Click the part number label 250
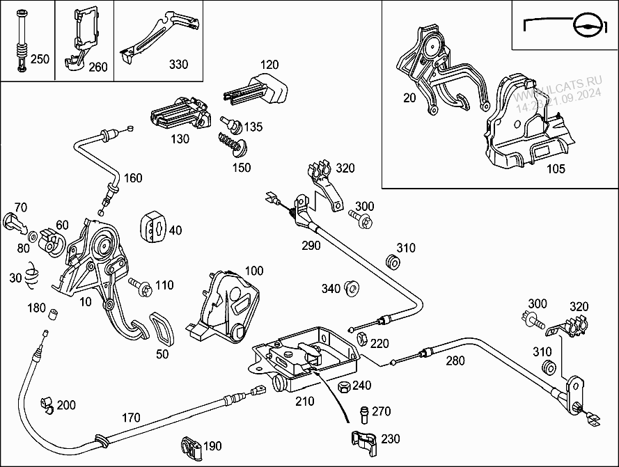[x=40, y=59]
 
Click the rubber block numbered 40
[x=154, y=228]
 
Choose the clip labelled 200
[x=46, y=404]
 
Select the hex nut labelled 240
[x=343, y=387]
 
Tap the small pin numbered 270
[x=363, y=413]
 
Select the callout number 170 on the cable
[x=130, y=418]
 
